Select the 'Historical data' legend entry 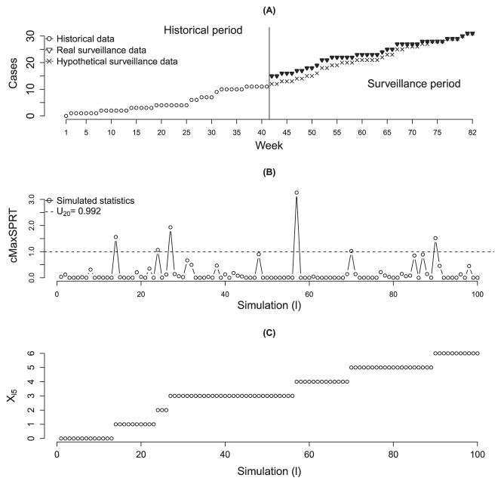pos(83,36)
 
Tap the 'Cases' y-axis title pos(13,73)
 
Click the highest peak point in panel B pos(297,193)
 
